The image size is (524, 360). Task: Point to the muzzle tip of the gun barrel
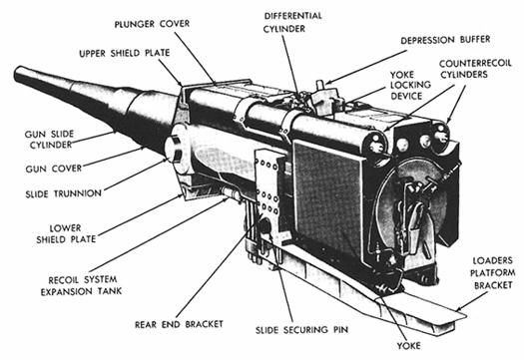click(x=20, y=75)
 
